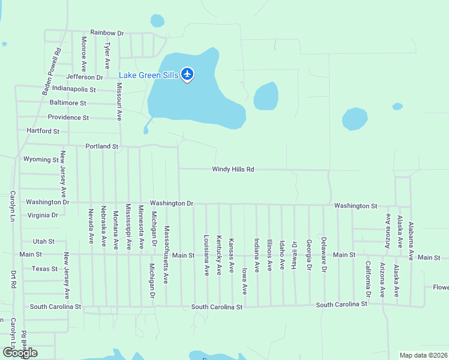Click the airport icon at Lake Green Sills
pos(187,74)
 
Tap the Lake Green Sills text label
pos(148,75)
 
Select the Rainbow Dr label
pos(106,32)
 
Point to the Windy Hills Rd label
pos(233,169)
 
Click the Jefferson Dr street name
pos(85,77)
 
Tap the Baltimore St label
pos(68,103)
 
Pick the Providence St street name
pos(68,118)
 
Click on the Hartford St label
pos(43,131)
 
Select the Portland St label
pos(102,146)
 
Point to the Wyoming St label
pos(41,160)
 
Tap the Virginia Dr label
pos(43,215)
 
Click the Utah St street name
pos(44,241)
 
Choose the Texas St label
pos(44,269)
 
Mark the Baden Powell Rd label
pos(52,71)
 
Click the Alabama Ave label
pos(411,241)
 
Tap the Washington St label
pos(355,206)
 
